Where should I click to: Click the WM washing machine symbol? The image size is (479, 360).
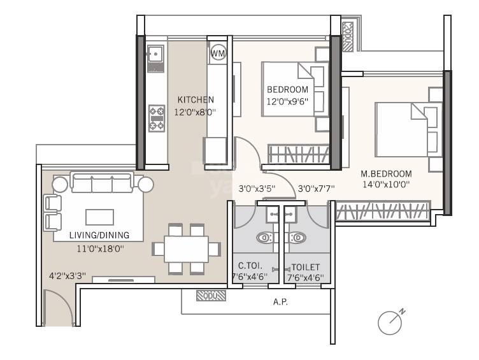coord(218,53)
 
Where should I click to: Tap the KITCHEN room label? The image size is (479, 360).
coord(196,100)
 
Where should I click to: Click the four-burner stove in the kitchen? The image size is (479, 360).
coord(157,118)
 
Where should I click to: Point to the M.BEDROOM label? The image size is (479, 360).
coord(386,173)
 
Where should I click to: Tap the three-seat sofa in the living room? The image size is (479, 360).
coord(102,184)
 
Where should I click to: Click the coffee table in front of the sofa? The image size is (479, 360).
coord(99,217)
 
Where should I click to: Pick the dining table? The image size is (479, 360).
coord(186,248)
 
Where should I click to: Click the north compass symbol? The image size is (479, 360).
coord(390,322)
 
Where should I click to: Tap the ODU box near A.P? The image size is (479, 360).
coord(207,295)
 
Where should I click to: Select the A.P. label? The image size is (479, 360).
coord(280,302)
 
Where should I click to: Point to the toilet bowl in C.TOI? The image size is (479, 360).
coord(266,238)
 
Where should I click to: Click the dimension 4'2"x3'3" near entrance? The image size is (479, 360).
coord(68,277)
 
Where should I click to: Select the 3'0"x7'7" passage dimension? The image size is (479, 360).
coord(317,189)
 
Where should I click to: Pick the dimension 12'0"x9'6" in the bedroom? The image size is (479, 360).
coord(287,101)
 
